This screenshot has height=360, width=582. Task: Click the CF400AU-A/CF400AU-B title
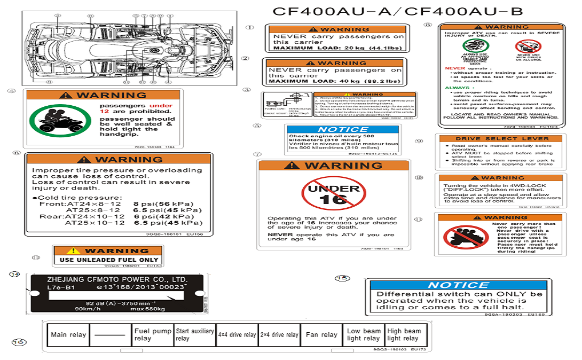(x=398, y=11)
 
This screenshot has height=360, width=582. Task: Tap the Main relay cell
(x=68, y=335)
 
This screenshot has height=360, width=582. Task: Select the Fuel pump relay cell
(x=153, y=335)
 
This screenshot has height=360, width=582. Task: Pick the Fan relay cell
(x=322, y=335)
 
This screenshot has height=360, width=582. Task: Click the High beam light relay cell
(x=404, y=335)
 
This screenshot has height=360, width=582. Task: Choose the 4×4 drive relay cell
(x=237, y=335)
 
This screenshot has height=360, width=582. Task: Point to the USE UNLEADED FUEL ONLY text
(x=109, y=260)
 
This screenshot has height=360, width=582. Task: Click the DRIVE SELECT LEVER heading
(x=502, y=139)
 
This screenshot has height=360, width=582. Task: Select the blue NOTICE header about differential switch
(x=458, y=285)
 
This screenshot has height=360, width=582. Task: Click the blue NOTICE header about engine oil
(x=343, y=129)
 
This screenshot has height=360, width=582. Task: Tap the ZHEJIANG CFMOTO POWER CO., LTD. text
(x=117, y=279)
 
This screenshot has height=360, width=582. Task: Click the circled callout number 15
(x=342, y=278)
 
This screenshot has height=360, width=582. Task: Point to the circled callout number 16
(x=18, y=342)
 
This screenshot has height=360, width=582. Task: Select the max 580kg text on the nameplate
(x=148, y=309)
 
